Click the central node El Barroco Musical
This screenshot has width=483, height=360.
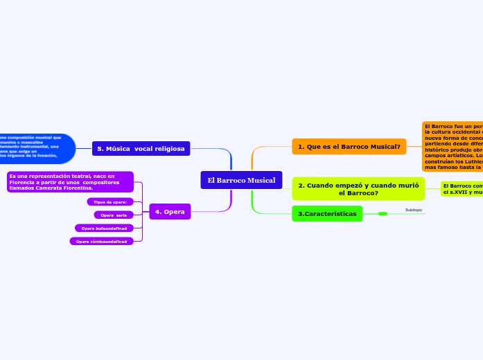(241, 180)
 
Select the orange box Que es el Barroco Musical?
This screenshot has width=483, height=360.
(349, 147)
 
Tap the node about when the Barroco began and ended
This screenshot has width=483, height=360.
(349, 189)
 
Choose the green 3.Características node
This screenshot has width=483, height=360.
(327, 214)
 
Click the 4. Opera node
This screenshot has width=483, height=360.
(170, 212)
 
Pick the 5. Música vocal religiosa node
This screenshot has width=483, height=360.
(141, 148)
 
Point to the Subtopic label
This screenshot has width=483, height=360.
(414, 209)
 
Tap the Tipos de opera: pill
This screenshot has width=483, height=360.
(109, 201)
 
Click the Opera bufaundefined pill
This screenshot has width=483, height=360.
(104, 228)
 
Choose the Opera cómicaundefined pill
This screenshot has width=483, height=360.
(101, 241)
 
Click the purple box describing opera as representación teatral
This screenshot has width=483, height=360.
(69, 182)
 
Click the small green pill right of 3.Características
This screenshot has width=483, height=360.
(383, 214)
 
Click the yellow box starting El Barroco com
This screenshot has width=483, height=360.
(462, 188)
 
